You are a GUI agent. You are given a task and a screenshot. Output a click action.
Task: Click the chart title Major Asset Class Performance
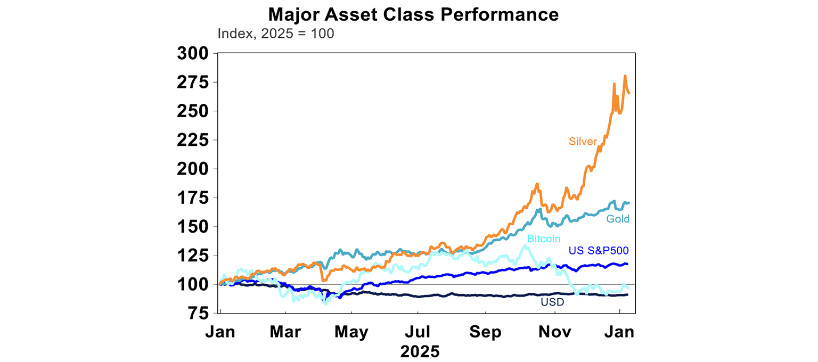[413, 14]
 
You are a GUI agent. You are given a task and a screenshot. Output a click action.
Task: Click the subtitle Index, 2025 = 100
[276, 34]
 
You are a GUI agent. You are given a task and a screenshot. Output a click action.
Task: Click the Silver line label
[583, 141]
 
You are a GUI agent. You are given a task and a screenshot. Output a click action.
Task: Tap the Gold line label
[618, 219]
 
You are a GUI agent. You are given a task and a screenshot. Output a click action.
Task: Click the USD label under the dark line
[552, 302]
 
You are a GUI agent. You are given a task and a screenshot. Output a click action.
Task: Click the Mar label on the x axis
[285, 332]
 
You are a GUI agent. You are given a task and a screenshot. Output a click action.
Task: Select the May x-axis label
[352, 332]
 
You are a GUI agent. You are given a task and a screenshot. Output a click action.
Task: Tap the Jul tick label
[418, 332]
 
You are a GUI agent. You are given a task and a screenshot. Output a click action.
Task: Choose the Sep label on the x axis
[486, 332]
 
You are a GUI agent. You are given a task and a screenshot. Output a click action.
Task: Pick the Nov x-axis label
[554, 332]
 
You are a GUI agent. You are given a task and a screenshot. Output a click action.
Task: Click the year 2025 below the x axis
[420, 351]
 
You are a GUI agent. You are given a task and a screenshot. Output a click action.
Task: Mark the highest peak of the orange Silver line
[625, 76]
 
